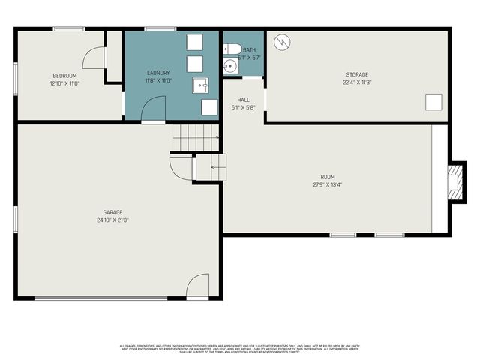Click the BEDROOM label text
click(64, 75)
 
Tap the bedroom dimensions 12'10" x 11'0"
click(64, 82)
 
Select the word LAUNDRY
click(157, 73)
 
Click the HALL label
click(244, 100)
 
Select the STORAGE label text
click(357, 75)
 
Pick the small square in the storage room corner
click(433, 102)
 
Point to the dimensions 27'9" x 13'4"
click(327, 184)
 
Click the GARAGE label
click(112, 212)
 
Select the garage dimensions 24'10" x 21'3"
click(112, 220)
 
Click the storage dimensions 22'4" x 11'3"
click(357, 82)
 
